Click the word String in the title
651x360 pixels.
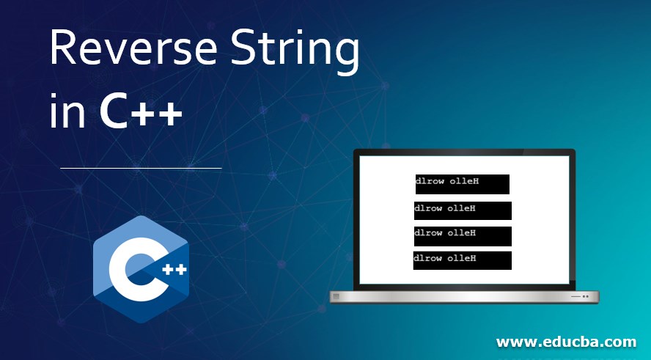click(x=295, y=52)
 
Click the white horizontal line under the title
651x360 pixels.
click(x=141, y=168)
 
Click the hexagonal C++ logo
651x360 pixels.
click(x=141, y=269)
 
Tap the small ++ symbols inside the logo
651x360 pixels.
click(x=174, y=270)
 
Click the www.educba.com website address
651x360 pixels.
click(x=566, y=342)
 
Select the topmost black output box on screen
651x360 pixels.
click(x=463, y=184)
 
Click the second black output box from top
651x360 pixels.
click(x=463, y=210)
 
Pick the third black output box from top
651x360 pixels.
click(x=463, y=236)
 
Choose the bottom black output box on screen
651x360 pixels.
click(x=462, y=260)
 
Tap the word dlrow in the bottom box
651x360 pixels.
click(x=427, y=258)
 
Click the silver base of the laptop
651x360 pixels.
click(x=464, y=297)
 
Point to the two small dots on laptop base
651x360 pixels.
click(x=586, y=296)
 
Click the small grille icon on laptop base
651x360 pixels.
click(x=336, y=296)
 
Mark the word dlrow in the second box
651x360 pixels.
click(x=428, y=208)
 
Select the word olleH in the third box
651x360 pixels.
click(x=461, y=233)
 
